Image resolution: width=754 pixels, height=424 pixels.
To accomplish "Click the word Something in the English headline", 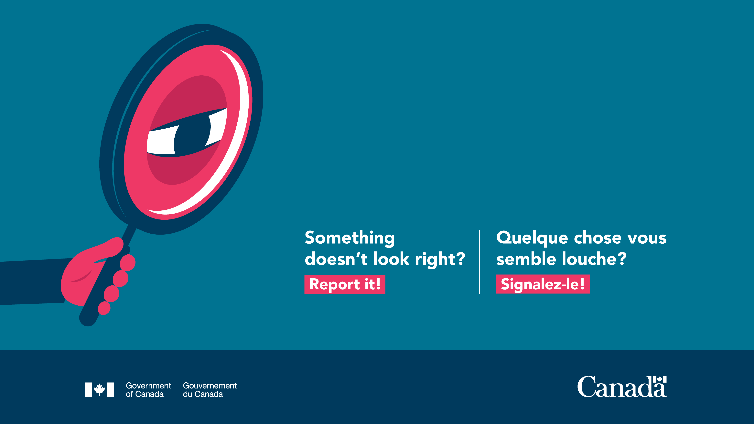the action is [x=350, y=238].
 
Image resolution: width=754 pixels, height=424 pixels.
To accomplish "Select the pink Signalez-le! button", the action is [x=543, y=284].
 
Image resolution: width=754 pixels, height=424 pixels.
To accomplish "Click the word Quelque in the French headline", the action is [x=532, y=238].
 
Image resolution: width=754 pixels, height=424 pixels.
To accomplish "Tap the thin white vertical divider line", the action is [x=479, y=262].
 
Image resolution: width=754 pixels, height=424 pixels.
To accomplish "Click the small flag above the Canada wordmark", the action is [x=660, y=379].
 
